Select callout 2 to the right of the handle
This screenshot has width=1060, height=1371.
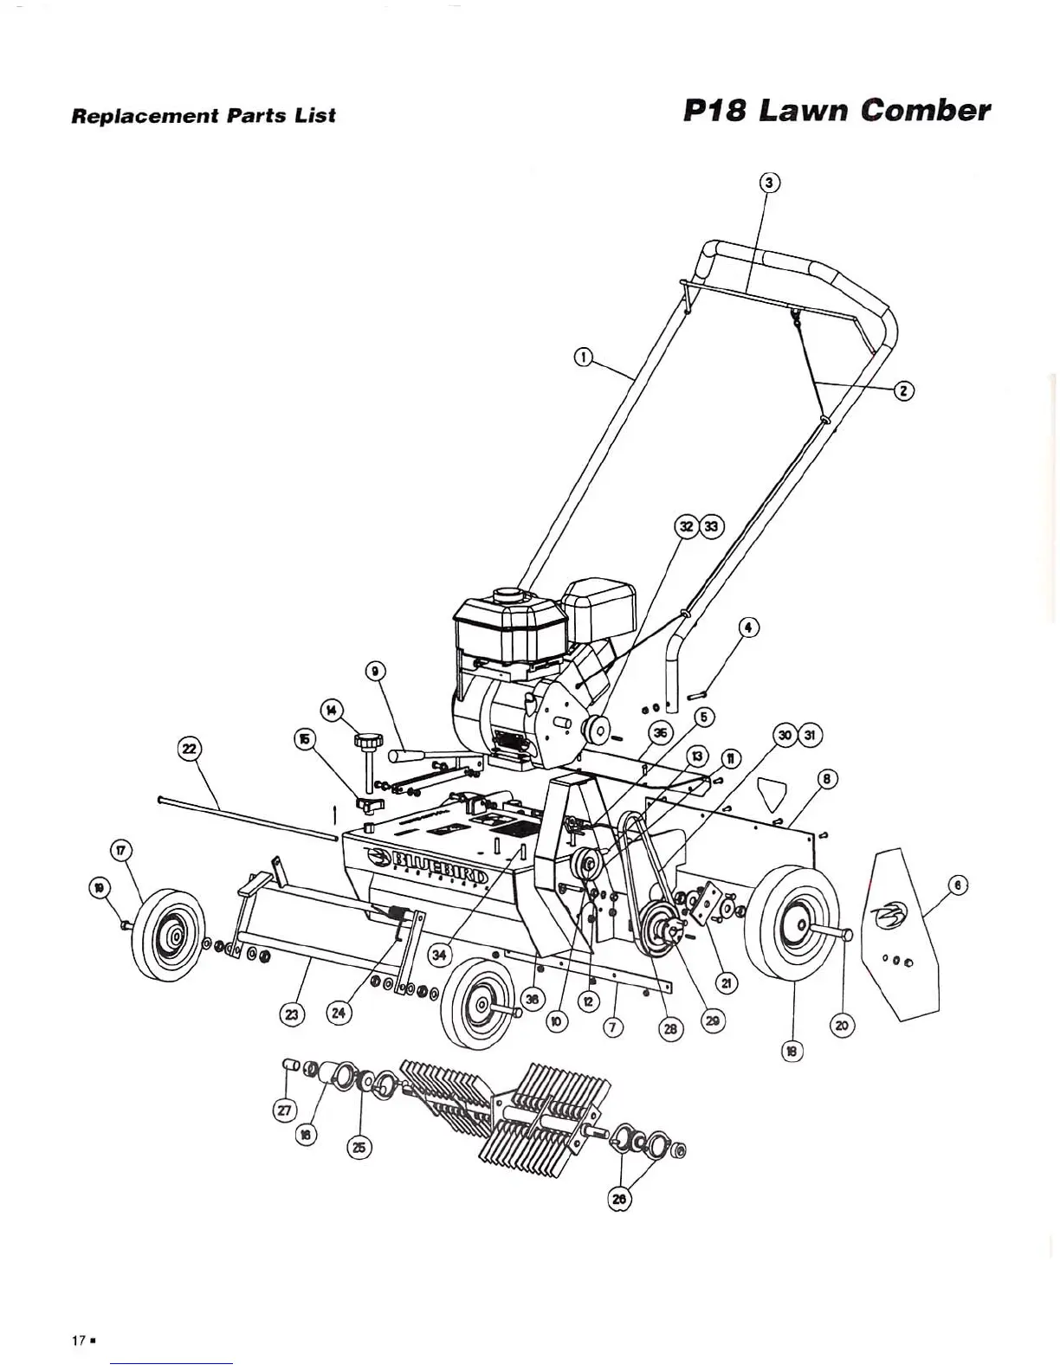point(904,390)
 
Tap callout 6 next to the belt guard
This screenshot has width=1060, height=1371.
point(956,885)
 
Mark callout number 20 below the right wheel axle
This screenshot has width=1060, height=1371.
point(842,1026)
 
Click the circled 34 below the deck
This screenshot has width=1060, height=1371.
point(440,955)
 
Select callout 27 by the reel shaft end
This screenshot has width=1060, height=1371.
point(285,1110)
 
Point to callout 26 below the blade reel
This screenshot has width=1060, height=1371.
point(619,1199)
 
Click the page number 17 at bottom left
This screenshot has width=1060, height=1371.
point(78,1340)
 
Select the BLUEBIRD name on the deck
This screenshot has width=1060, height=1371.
point(439,859)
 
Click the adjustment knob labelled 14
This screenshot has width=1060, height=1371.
point(368,741)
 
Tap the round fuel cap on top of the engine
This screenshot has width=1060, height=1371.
point(505,595)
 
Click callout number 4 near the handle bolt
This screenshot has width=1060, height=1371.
point(748,628)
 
